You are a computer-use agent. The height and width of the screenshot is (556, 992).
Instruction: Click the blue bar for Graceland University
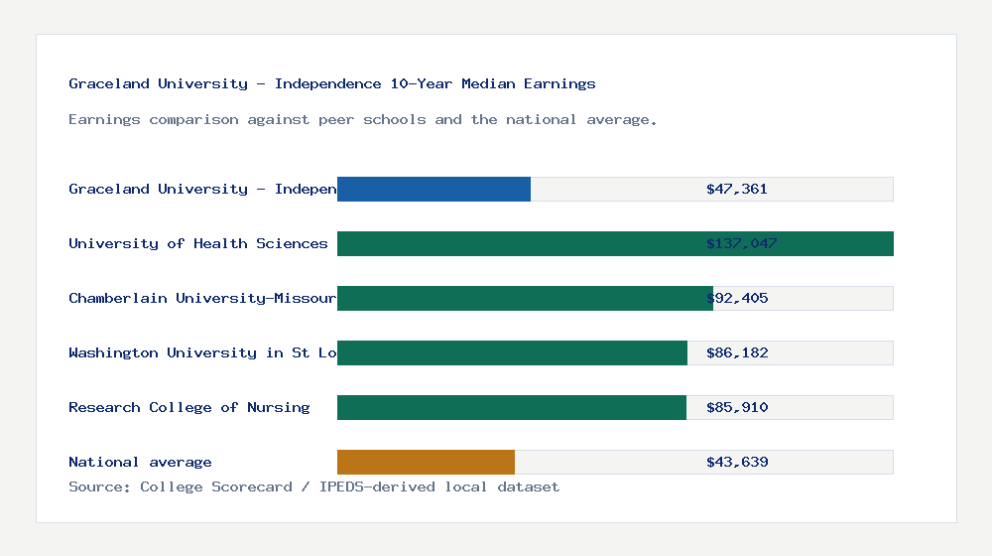pos(434,189)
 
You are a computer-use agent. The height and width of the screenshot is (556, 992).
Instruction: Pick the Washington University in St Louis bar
pos(512,352)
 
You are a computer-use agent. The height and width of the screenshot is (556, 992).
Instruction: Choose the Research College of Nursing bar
pos(512,407)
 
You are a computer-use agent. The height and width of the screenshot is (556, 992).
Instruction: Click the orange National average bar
pos(426,462)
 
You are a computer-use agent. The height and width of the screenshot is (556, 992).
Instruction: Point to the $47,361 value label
pos(737,189)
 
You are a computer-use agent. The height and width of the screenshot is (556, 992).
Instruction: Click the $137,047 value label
pos(742,243)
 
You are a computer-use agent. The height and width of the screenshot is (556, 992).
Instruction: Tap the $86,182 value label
pos(737,352)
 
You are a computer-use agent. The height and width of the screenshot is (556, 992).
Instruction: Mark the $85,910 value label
pos(737,407)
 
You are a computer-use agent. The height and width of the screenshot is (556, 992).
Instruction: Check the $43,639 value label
pos(737,462)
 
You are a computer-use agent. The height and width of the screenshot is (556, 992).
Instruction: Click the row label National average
pos(140,462)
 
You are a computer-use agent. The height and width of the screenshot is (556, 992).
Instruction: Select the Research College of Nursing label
pos(188,407)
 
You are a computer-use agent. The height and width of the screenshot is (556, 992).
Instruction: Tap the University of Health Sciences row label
pos(197,243)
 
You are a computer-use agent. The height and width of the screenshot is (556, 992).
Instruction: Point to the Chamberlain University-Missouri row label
pos(202,298)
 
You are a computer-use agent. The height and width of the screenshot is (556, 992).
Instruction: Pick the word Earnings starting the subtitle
pos(104,120)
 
